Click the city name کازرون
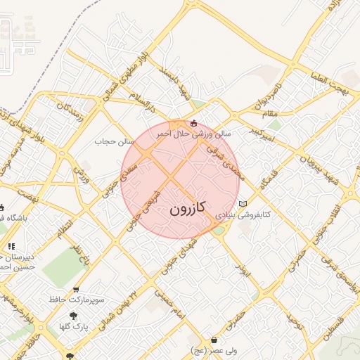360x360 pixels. [x=187, y=208]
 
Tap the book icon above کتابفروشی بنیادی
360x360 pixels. [x=243, y=204]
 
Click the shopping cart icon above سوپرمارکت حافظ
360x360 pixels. [x=76, y=290]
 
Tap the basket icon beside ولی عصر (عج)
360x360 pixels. [x=214, y=340]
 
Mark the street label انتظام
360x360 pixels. [x=65, y=229]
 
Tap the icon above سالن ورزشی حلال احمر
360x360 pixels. [x=194, y=122]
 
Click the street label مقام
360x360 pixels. [x=270, y=113]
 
